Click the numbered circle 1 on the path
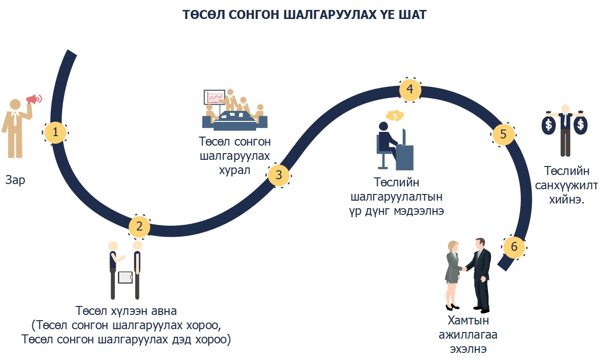point(56,132)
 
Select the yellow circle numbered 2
point(139,226)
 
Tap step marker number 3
point(278,175)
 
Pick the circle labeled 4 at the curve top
point(409,89)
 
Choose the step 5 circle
point(503,135)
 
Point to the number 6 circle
point(514,247)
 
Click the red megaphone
point(33,99)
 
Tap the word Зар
point(16,180)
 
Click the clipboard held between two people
point(125,277)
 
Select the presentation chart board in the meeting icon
point(214,98)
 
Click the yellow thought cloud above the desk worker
point(394,115)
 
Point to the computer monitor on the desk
point(404,138)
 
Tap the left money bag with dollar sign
point(549,125)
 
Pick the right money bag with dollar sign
point(580,125)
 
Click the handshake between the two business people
point(465,268)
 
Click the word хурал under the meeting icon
point(235,170)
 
